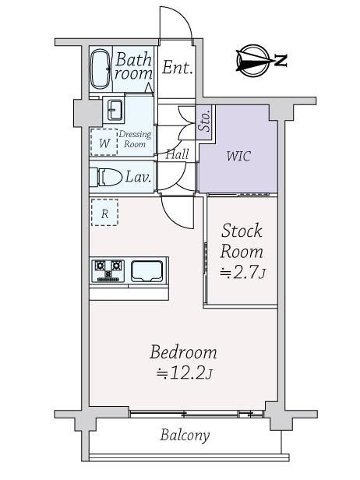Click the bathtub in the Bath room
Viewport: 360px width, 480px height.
(x=100, y=69)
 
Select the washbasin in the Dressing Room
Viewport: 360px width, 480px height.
(x=115, y=110)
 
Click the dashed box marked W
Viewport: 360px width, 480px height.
(x=104, y=143)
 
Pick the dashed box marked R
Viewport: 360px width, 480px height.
(x=105, y=213)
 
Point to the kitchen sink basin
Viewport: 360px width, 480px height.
(x=146, y=271)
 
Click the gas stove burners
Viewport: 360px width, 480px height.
(x=108, y=270)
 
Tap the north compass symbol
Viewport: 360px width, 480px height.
(x=252, y=60)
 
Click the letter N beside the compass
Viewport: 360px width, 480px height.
(x=280, y=60)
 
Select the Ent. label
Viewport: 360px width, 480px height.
(x=177, y=68)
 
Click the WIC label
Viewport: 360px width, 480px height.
(x=238, y=156)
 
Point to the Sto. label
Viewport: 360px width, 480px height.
(x=205, y=121)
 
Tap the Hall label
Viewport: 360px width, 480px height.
(x=177, y=154)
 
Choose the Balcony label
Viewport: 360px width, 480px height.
(x=185, y=436)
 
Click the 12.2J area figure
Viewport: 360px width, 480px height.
(x=184, y=373)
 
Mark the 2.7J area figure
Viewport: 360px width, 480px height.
(x=242, y=273)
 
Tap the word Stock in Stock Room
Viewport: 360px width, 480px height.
(x=242, y=231)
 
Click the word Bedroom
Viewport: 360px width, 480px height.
(x=183, y=352)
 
